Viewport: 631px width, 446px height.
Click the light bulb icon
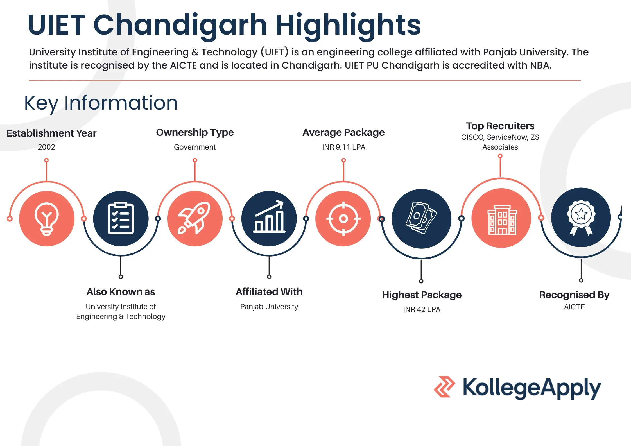[x=47, y=219]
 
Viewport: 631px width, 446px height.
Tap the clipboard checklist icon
[x=121, y=218]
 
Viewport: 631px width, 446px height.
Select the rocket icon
[x=194, y=218]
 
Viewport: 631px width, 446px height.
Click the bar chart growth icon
[x=269, y=216]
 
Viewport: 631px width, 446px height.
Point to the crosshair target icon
[x=343, y=218]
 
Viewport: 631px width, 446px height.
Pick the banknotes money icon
[x=421, y=218]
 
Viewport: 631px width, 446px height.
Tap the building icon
[x=502, y=220]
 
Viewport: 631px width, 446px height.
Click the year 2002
[x=46, y=147]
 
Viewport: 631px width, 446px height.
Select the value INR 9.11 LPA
[x=343, y=147]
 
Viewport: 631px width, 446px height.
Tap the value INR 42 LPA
[x=422, y=309]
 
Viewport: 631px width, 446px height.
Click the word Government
[x=195, y=147]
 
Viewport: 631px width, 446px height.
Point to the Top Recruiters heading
[x=500, y=126]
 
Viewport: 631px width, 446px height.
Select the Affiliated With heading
[x=269, y=292]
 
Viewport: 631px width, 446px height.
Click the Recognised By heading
[x=574, y=295]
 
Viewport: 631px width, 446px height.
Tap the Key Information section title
[x=101, y=103]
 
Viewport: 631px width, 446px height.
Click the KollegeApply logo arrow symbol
[x=444, y=387]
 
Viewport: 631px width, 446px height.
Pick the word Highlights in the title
[x=348, y=26]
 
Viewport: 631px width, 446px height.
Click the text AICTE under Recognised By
[x=574, y=307]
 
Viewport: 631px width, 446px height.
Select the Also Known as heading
[x=121, y=292]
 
